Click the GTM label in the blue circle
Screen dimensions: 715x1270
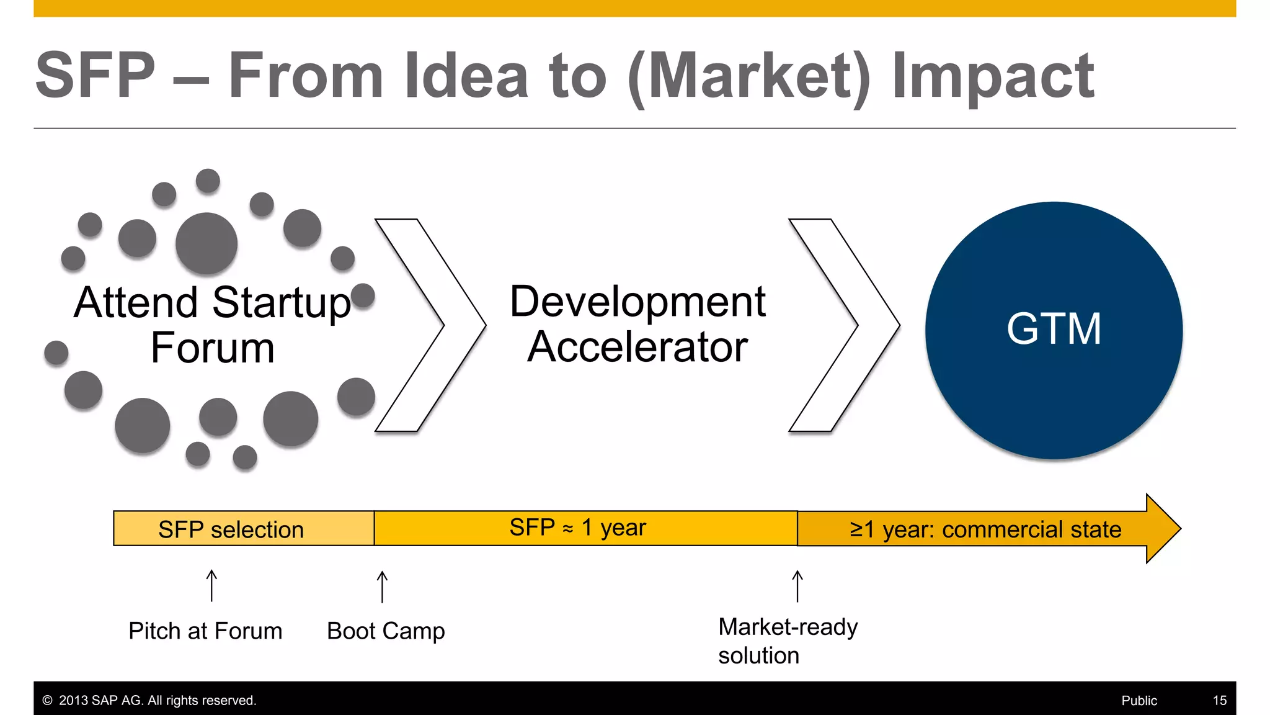click(1054, 329)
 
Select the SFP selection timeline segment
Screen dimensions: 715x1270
click(243, 529)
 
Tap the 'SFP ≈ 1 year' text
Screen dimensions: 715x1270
click(577, 528)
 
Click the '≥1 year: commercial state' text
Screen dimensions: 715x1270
click(985, 529)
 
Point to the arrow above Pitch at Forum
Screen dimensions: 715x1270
click(211, 585)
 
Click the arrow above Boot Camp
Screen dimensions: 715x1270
click(382, 587)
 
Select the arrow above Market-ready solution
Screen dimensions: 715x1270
click(797, 586)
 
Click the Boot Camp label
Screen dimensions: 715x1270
click(386, 631)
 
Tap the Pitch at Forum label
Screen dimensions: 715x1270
click(205, 631)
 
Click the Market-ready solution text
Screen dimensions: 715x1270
click(787, 641)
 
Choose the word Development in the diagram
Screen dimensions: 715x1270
click(637, 302)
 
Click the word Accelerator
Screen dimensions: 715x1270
click(637, 347)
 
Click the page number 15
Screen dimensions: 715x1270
click(1219, 701)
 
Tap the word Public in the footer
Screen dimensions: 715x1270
click(1139, 701)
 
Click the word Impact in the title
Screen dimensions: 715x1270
click(992, 76)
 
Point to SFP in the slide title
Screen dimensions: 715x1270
click(95, 75)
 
